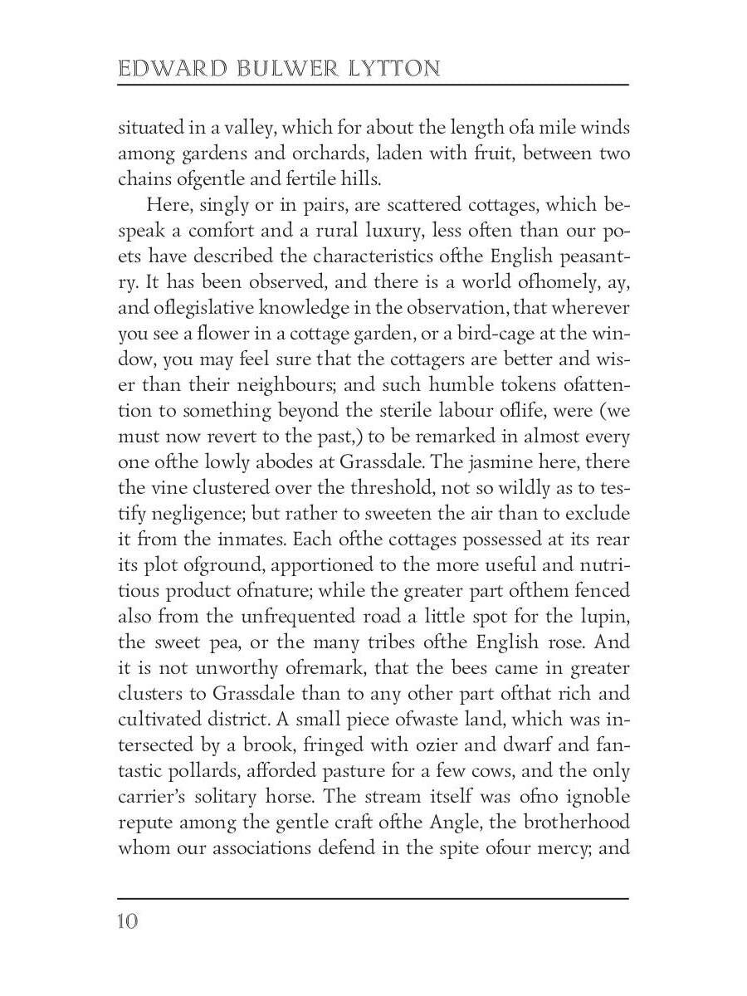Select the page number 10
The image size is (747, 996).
[129, 922]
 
